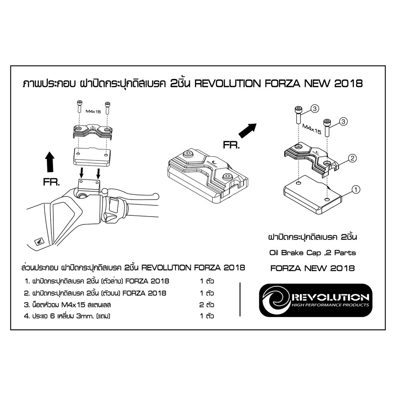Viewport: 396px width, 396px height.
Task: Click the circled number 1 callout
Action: (356, 189)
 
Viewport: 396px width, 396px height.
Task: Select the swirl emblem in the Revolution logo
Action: (276, 300)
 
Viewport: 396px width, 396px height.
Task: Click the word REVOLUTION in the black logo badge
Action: (330, 297)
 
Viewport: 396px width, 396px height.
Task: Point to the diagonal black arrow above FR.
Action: (247, 131)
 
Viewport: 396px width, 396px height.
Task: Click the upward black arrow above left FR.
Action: (50, 162)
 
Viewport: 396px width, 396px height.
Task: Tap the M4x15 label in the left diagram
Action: (93, 111)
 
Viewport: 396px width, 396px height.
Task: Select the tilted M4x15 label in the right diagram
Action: (312, 129)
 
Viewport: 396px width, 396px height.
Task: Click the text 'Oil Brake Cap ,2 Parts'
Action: (312, 253)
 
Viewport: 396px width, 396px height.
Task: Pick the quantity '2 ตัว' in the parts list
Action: (207, 305)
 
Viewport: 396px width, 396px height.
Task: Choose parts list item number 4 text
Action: (67, 316)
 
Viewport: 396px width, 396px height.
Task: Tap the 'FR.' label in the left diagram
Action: (51, 182)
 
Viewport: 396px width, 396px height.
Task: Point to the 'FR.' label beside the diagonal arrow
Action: (231, 145)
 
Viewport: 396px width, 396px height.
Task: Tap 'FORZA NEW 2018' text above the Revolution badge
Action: (312, 268)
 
